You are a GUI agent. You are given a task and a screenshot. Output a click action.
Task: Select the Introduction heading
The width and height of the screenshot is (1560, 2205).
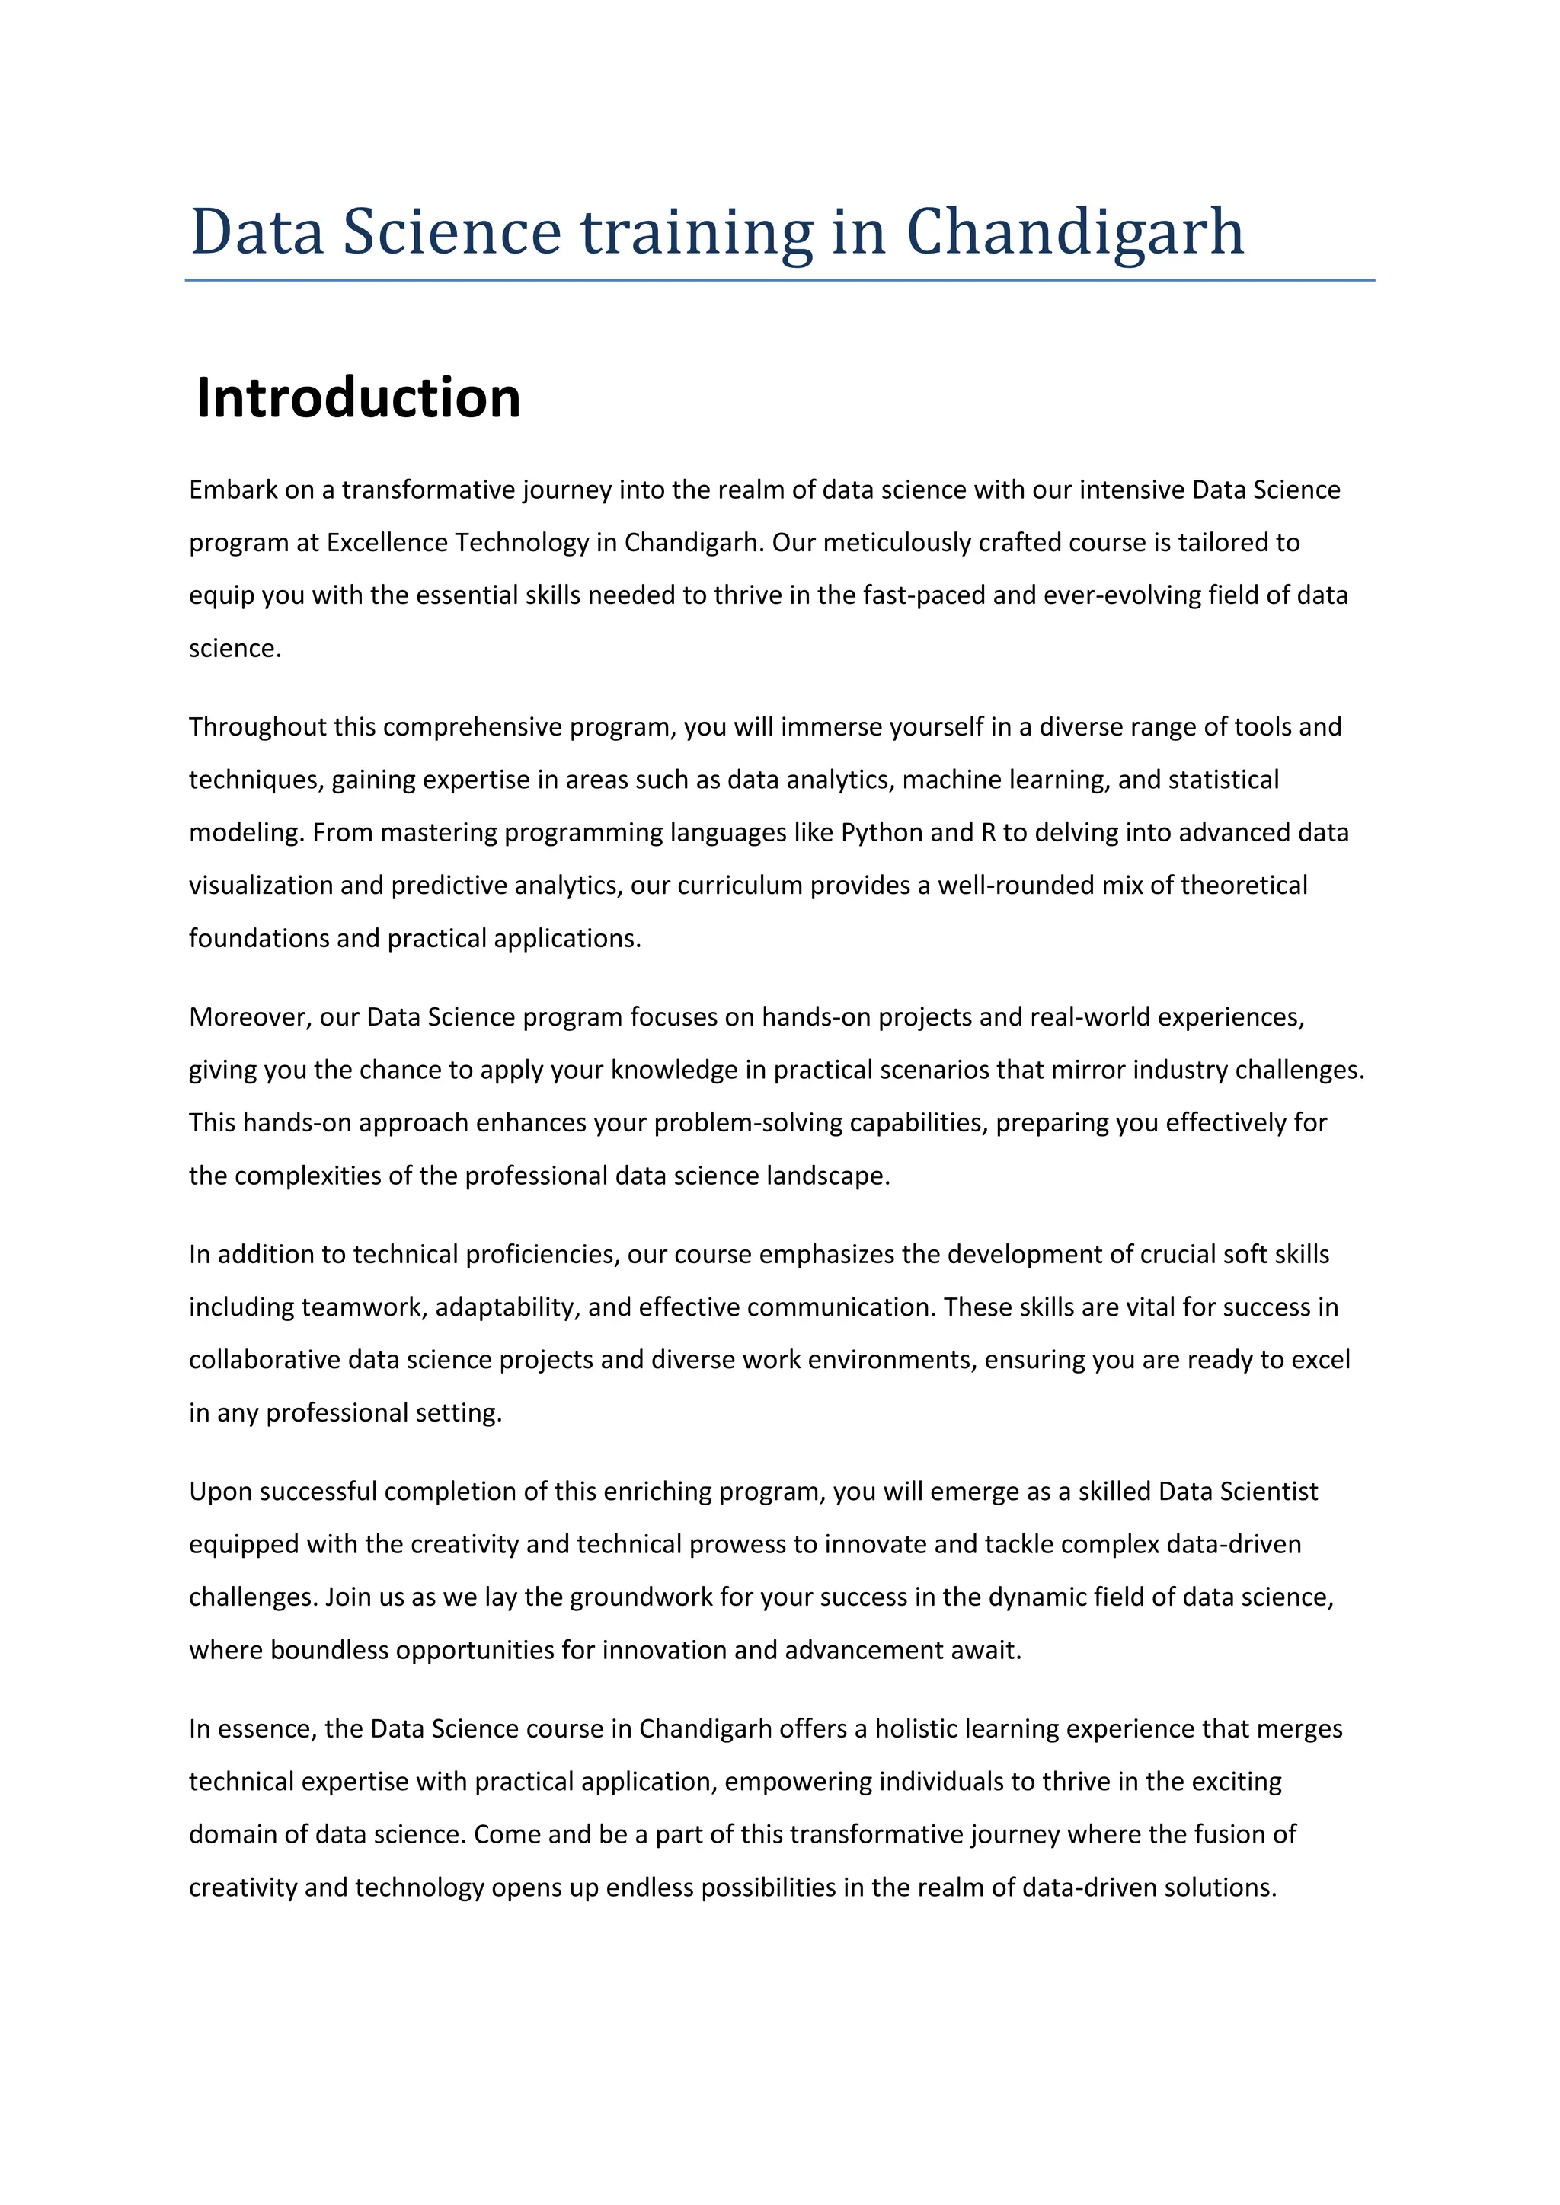click(357, 397)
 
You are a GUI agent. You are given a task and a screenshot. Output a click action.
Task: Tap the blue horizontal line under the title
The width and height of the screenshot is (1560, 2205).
click(779, 280)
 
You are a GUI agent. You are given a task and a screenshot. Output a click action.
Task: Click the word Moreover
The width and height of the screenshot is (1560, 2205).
click(251, 1017)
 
